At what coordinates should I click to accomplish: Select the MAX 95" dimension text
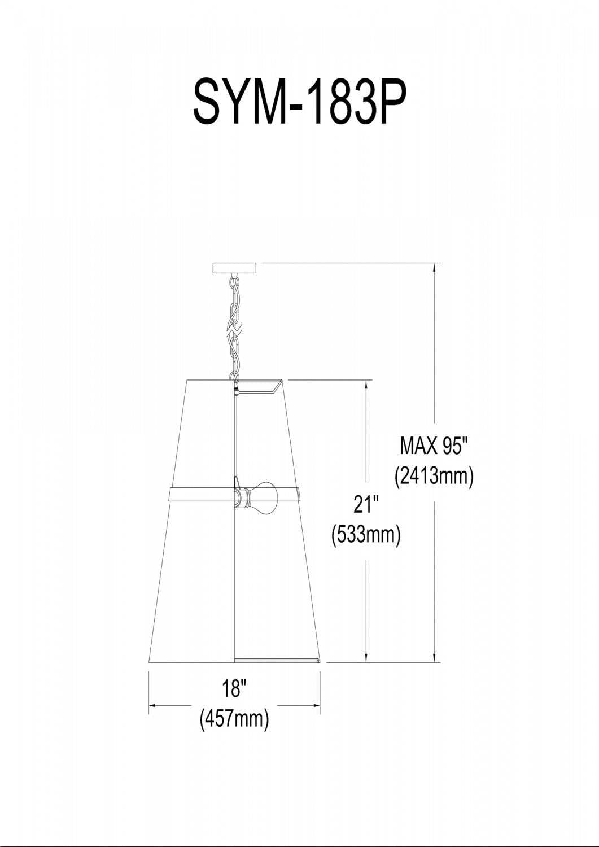434,447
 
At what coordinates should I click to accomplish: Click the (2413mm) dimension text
434,476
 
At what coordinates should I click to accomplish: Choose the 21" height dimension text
366,504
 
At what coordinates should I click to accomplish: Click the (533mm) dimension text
366,534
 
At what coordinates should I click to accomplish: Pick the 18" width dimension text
234,689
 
